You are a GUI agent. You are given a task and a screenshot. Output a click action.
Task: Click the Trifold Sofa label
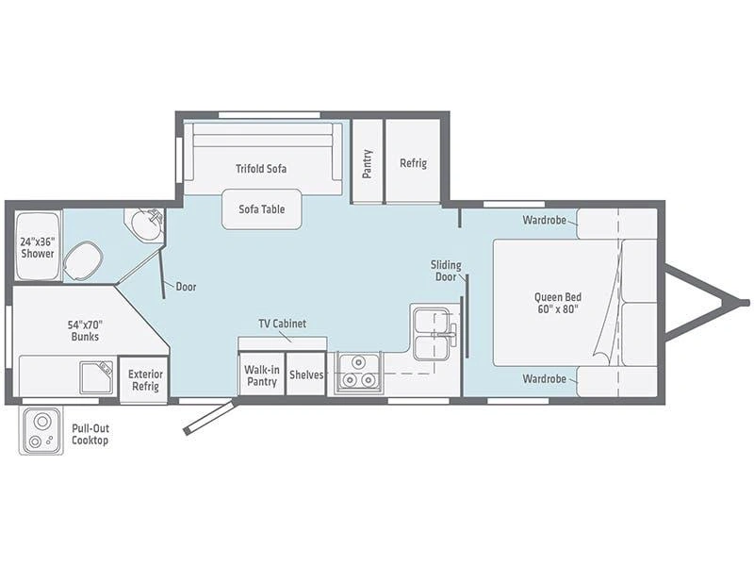(261, 169)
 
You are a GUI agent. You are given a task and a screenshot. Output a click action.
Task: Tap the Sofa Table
(262, 208)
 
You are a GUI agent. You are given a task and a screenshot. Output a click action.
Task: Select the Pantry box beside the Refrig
(368, 161)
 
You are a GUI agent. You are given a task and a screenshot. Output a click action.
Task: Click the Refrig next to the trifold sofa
(413, 161)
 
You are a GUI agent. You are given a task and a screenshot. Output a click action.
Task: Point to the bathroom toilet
(83, 260)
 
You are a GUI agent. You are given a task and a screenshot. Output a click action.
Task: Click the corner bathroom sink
(145, 225)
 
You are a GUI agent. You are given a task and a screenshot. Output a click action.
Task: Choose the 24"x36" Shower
(38, 245)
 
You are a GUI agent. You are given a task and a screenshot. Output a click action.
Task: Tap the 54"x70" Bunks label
(85, 330)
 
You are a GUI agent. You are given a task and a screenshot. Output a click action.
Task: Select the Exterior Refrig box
(144, 379)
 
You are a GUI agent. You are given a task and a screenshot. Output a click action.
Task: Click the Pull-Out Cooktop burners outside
(41, 431)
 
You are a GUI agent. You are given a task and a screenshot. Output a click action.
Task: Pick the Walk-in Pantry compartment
(262, 374)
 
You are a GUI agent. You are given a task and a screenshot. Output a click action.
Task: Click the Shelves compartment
(305, 374)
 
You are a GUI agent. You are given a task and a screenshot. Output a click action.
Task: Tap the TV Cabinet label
(282, 324)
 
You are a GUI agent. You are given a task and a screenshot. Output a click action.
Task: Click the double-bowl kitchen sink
(432, 333)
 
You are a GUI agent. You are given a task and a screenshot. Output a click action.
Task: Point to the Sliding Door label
(446, 271)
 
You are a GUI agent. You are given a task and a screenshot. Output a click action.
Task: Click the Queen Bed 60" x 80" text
(558, 303)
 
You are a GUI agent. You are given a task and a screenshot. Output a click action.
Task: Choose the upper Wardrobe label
(544, 220)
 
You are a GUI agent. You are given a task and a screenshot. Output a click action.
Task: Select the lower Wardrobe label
(544, 379)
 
